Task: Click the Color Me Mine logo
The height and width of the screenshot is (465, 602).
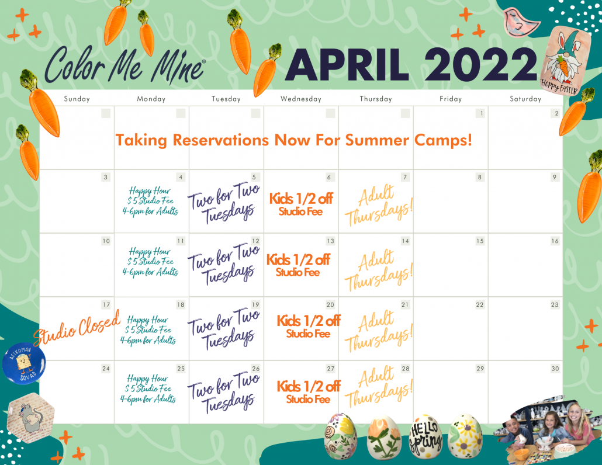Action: (x=124, y=65)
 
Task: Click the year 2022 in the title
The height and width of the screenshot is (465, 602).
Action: (x=480, y=64)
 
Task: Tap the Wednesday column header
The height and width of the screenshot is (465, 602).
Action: (x=300, y=99)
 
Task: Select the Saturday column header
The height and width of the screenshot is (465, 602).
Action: (x=525, y=99)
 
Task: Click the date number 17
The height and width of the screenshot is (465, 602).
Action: (x=106, y=304)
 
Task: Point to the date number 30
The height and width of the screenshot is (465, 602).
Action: (x=555, y=368)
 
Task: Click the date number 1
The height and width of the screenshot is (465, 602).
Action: (x=480, y=113)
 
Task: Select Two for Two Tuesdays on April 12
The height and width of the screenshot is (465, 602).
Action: (x=224, y=264)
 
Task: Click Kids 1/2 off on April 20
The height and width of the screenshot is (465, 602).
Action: (x=308, y=321)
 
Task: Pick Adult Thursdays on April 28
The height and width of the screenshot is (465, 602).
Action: (x=379, y=387)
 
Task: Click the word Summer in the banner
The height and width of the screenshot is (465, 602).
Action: (x=377, y=140)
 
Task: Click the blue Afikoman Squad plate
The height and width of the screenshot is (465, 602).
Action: (x=24, y=363)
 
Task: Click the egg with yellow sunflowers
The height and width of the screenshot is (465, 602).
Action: (x=465, y=436)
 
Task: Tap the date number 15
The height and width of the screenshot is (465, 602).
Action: (x=480, y=241)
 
